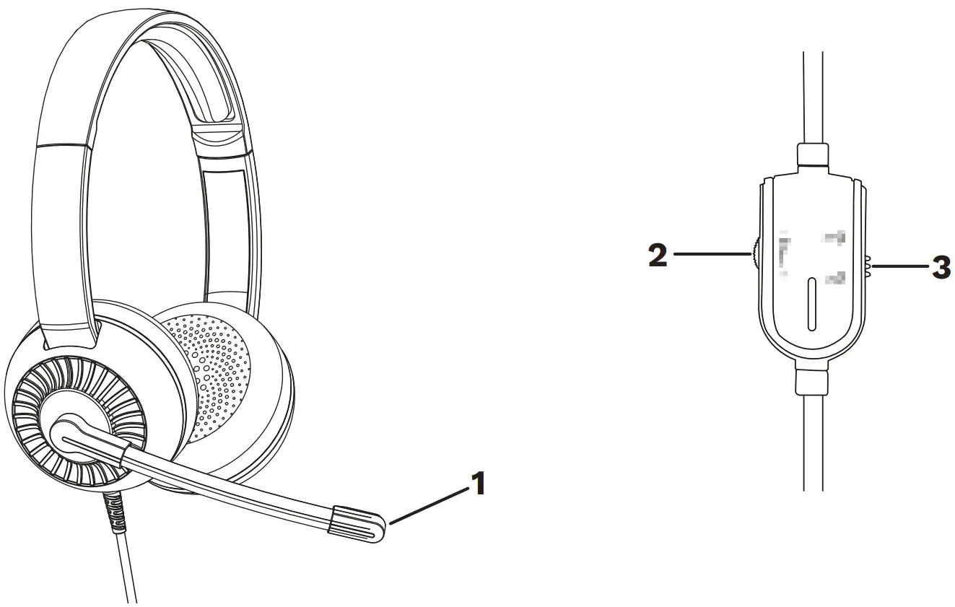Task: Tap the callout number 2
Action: (658, 255)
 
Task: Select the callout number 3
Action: (940, 268)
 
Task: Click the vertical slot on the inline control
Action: (811, 304)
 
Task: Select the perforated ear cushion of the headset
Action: (217, 368)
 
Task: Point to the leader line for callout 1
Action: (426, 505)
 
